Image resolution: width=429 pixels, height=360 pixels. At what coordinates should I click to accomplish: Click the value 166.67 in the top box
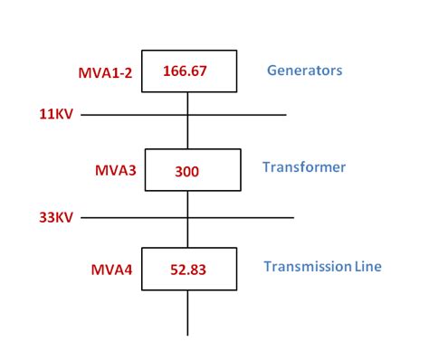click(188, 71)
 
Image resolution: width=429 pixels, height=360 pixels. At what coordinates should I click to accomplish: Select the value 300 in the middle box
click(187, 170)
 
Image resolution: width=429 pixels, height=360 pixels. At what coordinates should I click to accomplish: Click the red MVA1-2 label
click(106, 72)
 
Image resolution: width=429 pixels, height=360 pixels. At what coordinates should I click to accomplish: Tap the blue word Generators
click(304, 70)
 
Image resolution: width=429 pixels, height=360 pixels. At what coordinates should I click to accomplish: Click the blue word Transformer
click(304, 167)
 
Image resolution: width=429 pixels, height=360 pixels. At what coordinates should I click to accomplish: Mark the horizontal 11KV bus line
click(235, 115)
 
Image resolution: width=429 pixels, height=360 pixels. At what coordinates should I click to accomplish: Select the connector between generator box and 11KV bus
click(188, 102)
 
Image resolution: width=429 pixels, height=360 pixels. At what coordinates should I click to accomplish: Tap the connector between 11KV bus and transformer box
click(188, 132)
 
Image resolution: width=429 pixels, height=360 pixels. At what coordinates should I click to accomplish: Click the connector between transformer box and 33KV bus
click(188, 204)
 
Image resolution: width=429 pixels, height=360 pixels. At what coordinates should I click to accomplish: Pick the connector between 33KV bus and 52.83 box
click(188, 232)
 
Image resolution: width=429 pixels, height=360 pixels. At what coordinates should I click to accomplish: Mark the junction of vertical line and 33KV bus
click(188, 217)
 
